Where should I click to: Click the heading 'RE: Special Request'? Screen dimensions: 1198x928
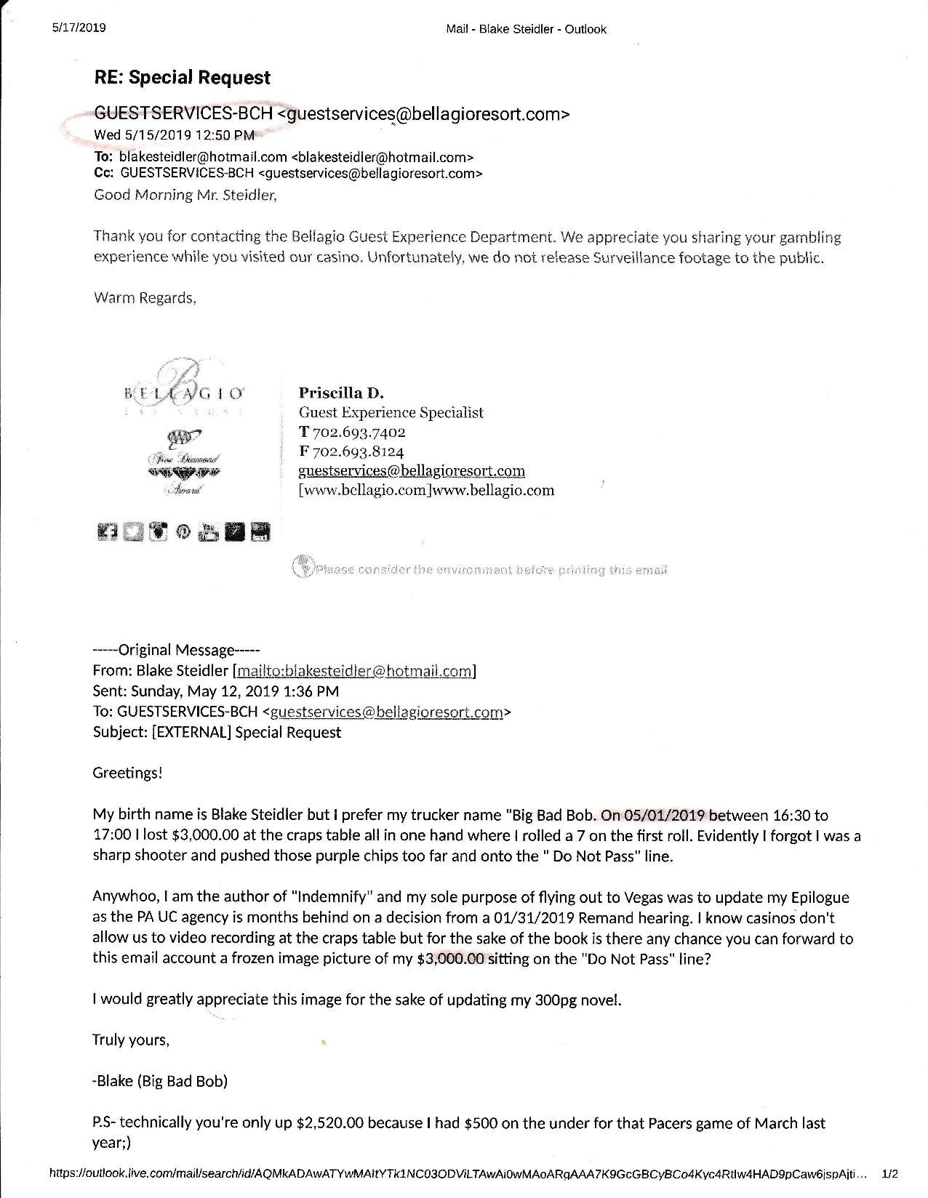click(x=182, y=78)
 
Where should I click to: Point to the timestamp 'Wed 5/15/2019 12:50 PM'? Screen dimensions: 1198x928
click(x=175, y=134)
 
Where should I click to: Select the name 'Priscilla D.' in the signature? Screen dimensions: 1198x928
click(x=340, y=393)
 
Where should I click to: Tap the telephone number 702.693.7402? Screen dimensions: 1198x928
click(x=359, y=432)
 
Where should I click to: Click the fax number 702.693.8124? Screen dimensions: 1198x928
click(x=359, y=451)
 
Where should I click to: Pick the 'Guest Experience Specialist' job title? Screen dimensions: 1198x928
click(x=391, y=412)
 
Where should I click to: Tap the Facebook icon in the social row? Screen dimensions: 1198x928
click(x=106, y=532)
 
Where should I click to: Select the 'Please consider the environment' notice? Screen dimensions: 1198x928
click(x=480, y=569)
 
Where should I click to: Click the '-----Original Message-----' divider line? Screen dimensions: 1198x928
click(x=176, y=650)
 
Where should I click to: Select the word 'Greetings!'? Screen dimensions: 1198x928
click(x=127, y=773)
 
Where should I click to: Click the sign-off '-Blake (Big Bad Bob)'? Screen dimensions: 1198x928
click(x=160, y=1081)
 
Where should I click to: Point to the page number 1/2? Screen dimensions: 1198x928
click(x=889, y=1173)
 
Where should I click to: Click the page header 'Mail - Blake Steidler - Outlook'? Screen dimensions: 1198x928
click(x=525, y=29)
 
